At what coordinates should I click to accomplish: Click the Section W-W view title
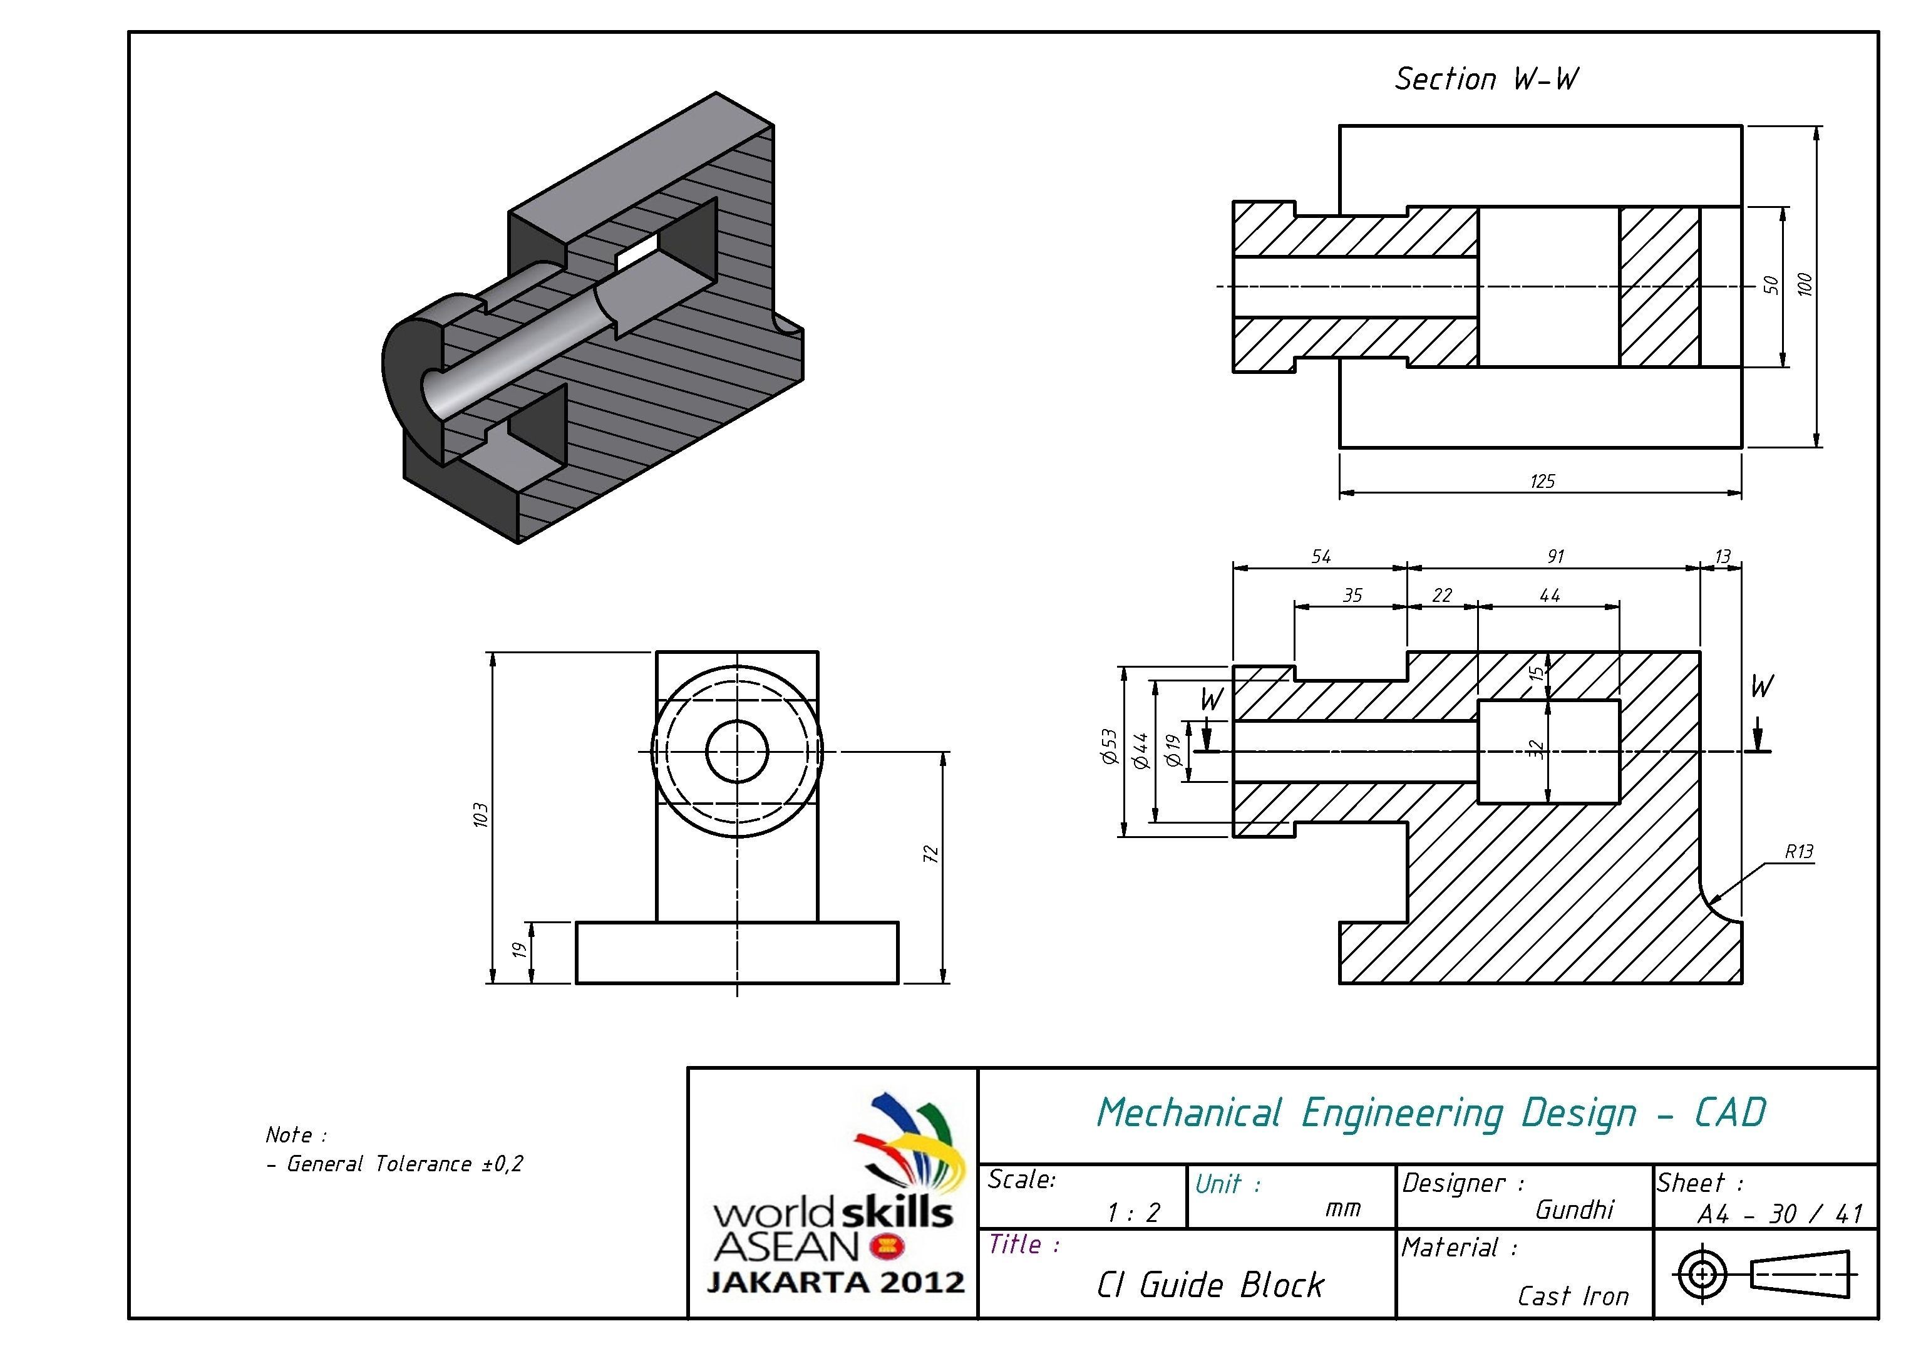tap(1486, 79)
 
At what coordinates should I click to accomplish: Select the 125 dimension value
tap(1542, 481)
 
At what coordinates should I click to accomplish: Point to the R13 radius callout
tap(1799, 852)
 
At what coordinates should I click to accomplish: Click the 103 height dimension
tap(480, 815)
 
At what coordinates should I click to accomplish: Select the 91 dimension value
tap(1555, 556)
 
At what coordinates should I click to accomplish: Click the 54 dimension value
tap(1321, 556)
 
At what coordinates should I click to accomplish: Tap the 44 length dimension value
tap(1549, 595)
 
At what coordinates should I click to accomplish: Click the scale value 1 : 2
tap(1133, 1213)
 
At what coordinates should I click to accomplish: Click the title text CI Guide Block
tap(1209, 1285)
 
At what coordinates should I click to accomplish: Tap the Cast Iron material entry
tap(1572, 1296)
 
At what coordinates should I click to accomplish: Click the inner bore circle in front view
tap(736, 751)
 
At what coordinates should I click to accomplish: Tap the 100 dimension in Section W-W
tap(1804, 285)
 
